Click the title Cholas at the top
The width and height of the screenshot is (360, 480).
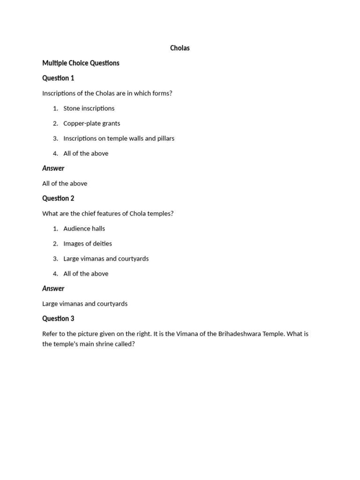[x=180, y=48]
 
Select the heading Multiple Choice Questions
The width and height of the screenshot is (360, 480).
[x=81, y=63]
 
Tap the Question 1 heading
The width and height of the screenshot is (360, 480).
[x=58, y=78]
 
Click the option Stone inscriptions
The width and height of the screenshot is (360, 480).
[x=89, y=108]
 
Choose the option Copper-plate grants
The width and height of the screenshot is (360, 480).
[x=91, y=123]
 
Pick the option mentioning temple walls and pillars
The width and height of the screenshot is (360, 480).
[x=119, y=138]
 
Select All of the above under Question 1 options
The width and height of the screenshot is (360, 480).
[x=86, y=153]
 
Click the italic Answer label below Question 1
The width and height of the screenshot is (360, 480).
[x=53, y=168]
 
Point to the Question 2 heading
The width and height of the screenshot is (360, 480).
[x=58, y=198]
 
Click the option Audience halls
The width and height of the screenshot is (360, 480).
[x=84, y=228]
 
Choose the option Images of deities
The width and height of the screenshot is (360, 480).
[x=88, y=243]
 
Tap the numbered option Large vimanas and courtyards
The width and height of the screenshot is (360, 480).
[x=106, y=258]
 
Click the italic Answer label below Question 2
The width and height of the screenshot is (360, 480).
[x=53, y=288]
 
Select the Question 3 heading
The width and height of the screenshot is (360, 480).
[x=58, y=318]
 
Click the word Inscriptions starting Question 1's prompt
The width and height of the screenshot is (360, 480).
[x=59, y=93]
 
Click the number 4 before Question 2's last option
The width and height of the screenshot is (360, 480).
[x=55, y=274]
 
